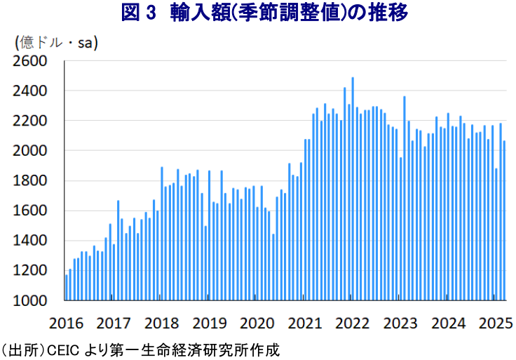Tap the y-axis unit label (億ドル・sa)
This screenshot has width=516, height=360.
tap(56, 44)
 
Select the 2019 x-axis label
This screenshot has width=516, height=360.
tap(210, 323)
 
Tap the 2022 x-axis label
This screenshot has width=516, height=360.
tap(352, 323)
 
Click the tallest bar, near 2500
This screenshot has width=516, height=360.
tap(353, 189)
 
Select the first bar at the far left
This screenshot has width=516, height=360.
tap(67, 287)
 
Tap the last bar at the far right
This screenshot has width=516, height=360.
tap(504, 220)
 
